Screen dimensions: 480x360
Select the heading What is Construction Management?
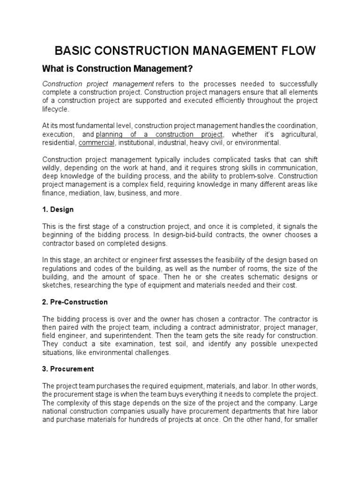pos(118,69)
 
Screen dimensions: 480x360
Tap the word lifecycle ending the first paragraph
pos(55,109)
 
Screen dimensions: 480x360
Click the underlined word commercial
pos(97,142)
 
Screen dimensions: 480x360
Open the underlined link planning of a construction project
pos(163,134)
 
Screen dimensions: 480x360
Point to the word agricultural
pos(298,134)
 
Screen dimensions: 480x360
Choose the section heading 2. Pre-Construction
pos(75,302)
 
